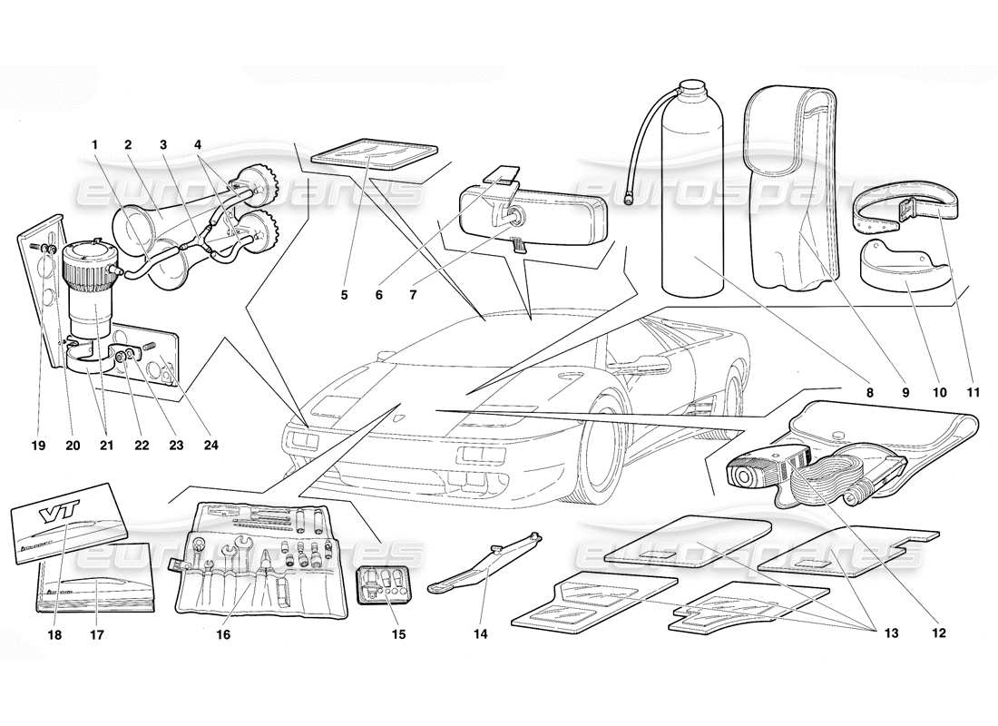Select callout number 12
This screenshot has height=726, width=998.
(938, 633)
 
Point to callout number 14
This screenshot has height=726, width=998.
(480, 633)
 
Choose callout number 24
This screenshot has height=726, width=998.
(212, 446)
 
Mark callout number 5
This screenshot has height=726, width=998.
(344, 295)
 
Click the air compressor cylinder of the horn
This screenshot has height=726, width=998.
(89, 290)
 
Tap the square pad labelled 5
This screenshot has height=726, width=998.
(374, 152)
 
